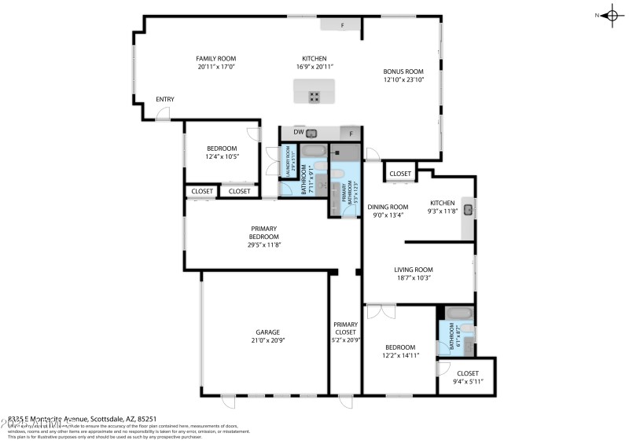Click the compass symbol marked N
(x=612, y=15)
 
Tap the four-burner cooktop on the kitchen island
(x=314, y=97)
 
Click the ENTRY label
(x=165, y=99)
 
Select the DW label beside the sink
(x=298, y=132)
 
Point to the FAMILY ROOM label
(x=215, y=58)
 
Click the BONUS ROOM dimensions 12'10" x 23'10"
(x=403, y=79)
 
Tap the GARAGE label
(x=267, y=332)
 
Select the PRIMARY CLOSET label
(x=345, y=328)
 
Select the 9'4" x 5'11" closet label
(x=468, y=373)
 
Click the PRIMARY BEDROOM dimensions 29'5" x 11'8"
(x=263, y=245)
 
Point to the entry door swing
(x=161, y=115)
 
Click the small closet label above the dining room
(x=400, y=174)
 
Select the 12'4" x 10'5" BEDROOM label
(x=222, y=149)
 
